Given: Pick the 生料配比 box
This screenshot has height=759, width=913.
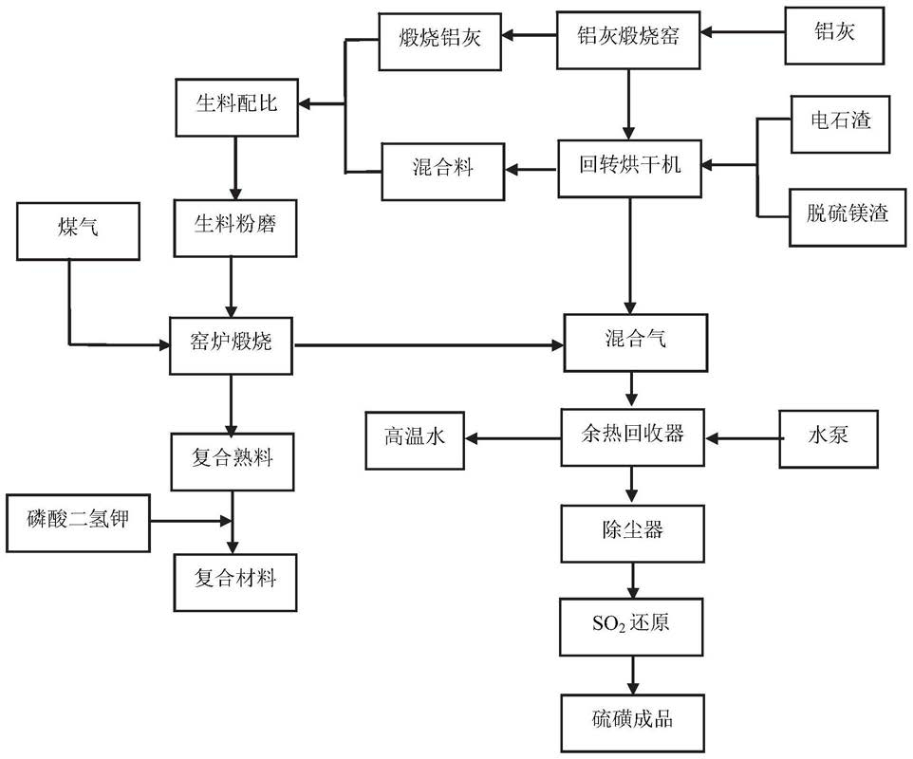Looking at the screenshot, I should tap(236, 104).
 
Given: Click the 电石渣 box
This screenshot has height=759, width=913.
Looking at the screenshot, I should tap(841, 120).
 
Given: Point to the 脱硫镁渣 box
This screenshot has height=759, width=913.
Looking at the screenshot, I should tap(841, 213).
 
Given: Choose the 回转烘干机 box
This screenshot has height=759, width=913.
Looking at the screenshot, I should tap(630, 167).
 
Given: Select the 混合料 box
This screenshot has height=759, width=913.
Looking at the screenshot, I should tap(443, 171).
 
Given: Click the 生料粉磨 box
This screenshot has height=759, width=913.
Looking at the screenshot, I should tap(235, 227).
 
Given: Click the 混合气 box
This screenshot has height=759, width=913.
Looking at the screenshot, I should tap(635, 339).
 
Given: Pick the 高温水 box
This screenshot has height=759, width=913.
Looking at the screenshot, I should tap(415, 437).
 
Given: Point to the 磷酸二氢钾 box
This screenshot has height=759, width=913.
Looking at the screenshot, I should tap(78, 521).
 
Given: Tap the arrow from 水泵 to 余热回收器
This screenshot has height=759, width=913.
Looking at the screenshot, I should tap(744, 438).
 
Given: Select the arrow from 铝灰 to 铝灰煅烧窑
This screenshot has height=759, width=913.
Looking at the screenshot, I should tap(746, 34).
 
